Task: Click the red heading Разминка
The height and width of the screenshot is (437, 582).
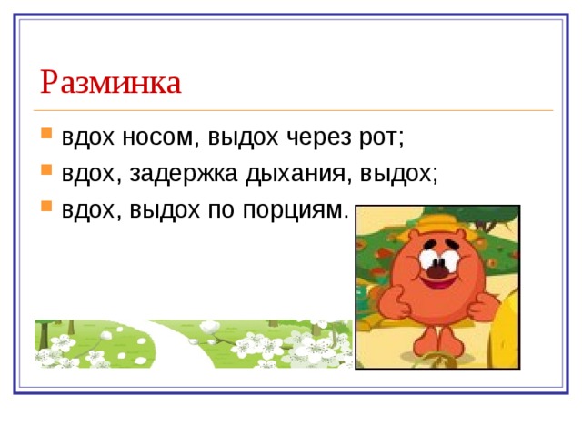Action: click(x=111, y=82)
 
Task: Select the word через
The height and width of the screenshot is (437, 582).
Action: click(x=319, y=138)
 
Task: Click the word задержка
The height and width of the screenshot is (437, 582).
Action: click(x=184, y=174)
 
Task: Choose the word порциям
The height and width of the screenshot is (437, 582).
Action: click(x=296, y=210)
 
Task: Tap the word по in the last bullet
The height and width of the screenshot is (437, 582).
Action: click(x=221, y=210)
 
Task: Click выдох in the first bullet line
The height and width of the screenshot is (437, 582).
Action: click(x=243, y=137)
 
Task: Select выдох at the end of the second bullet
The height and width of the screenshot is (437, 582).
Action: click(x=396, y=174)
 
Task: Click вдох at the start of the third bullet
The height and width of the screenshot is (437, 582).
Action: click(x=88, y=209)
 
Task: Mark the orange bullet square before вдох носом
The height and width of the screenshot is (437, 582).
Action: click(x=46, y=133)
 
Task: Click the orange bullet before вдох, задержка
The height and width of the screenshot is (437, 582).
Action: click(x=46, y=169)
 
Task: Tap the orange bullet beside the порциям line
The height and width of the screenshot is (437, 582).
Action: click(x=46, y=206)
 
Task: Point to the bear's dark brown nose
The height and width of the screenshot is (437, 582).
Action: click(x=438, y=269)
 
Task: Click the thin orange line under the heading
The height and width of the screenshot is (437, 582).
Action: click(x=293, y=110)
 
